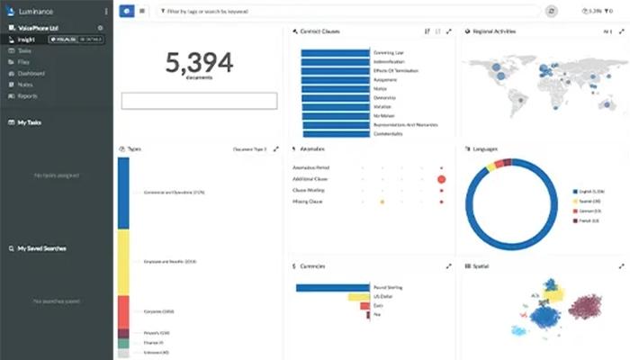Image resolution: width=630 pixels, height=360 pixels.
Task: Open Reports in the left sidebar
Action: pyautogui.click(x=26, y=95)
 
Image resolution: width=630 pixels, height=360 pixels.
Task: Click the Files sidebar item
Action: pyautogui.click(x=22, y=61)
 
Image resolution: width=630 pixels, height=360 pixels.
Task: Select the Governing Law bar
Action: pyautogui.click(x=335, y=53)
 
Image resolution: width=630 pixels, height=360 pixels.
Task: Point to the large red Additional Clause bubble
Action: pyautogui.click(x=441, y=179)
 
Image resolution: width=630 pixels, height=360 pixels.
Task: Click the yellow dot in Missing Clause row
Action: pyautogui.click(x=382, y=202)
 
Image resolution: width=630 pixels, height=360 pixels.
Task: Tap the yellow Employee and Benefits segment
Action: pyautogui.click(x=123, y=261)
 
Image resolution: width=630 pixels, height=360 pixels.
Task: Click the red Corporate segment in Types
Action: pyautogui.click(x=123, y=310)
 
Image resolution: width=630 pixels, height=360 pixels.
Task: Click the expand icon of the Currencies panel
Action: pyautogui.click(x=448, y=266)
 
